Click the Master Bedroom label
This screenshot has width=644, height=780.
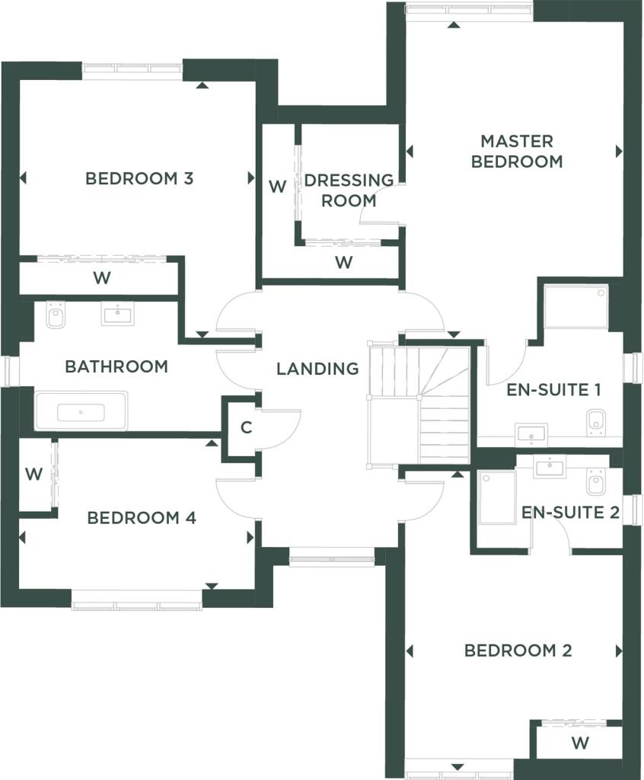coord(517,152)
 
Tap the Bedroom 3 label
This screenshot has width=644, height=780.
coord(139,178)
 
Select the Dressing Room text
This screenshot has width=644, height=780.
coord(349,190)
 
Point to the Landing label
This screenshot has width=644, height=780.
coord(317,369)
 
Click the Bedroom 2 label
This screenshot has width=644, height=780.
coord(518,651)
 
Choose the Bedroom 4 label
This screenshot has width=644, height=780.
coord(142,518)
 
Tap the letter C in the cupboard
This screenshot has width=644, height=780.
coord(246,427)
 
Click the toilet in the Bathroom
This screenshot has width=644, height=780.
coord(56,315)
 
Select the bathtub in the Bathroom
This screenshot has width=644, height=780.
coord(81,411)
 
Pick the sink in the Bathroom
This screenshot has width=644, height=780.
coord(118,313)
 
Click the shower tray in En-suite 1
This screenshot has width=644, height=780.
coord(576,306)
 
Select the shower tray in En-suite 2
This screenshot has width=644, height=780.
coord(497,497)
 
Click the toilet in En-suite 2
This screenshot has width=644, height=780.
coord(596,481)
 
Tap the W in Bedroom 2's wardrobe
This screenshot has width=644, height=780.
coord(580,743)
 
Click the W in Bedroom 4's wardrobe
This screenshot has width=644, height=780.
coord(33,474)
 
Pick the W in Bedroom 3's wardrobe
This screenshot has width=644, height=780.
coord(102,277)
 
